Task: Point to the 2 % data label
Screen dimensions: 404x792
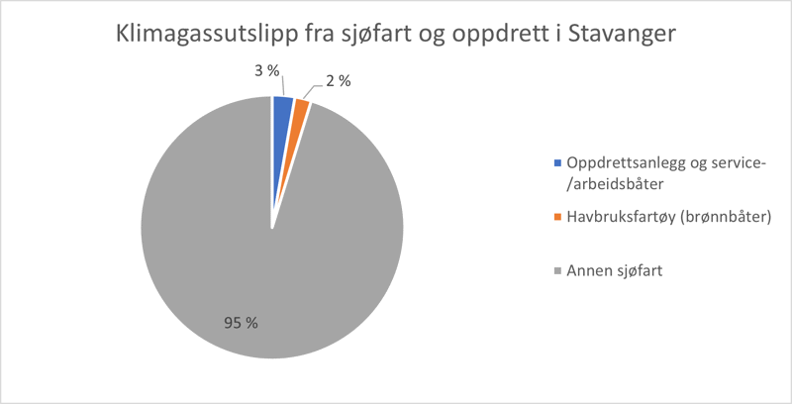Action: tap(338, 81)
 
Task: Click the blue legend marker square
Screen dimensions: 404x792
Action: tap(557, 162)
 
